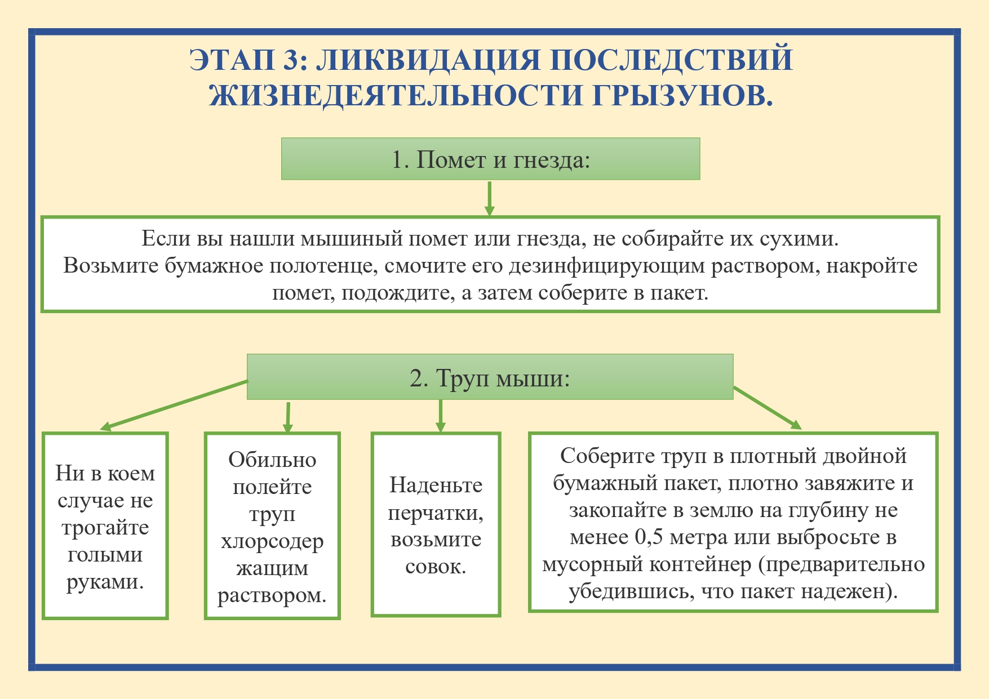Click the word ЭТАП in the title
pos(232,60)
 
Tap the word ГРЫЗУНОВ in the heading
pos(682,95)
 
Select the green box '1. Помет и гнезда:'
pos(490,159)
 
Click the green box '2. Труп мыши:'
pos(490,377)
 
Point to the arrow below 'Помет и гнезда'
pos(489,198)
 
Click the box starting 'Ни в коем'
pos(105,526)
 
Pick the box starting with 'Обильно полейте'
pos(272,526)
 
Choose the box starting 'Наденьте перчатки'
pos(436,524)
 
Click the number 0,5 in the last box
pos(648,537)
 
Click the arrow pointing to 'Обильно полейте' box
pos(288,417)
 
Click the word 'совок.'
pos(436,566)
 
